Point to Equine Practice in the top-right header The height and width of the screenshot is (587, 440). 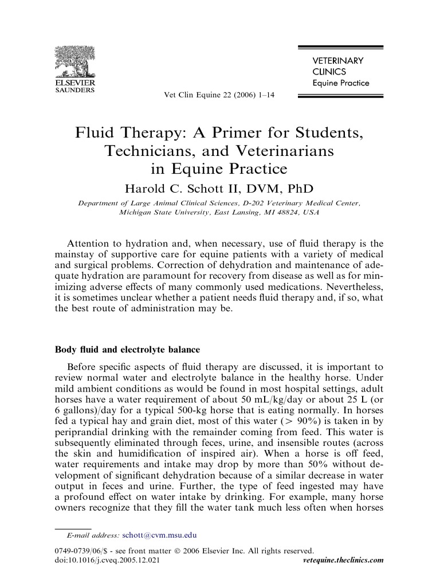click(340, 83)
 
